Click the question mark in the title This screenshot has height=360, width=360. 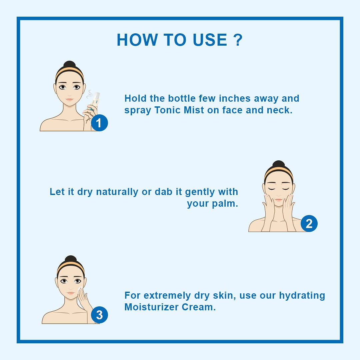click(x=237, y=40)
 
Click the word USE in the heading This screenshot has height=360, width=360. click(x=210, y=40)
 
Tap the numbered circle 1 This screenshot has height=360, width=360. click(x=99, y=123)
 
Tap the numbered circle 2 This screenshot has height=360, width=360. click(x=309, y=224)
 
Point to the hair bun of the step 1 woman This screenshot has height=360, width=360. click(x=69, y=65)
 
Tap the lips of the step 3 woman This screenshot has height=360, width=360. click(x=70, y=294)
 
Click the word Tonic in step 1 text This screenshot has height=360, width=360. click(x=168, y=110)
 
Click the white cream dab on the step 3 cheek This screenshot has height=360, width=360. click(x=79, y=289)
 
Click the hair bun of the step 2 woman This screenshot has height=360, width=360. click(x=278, y=165)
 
